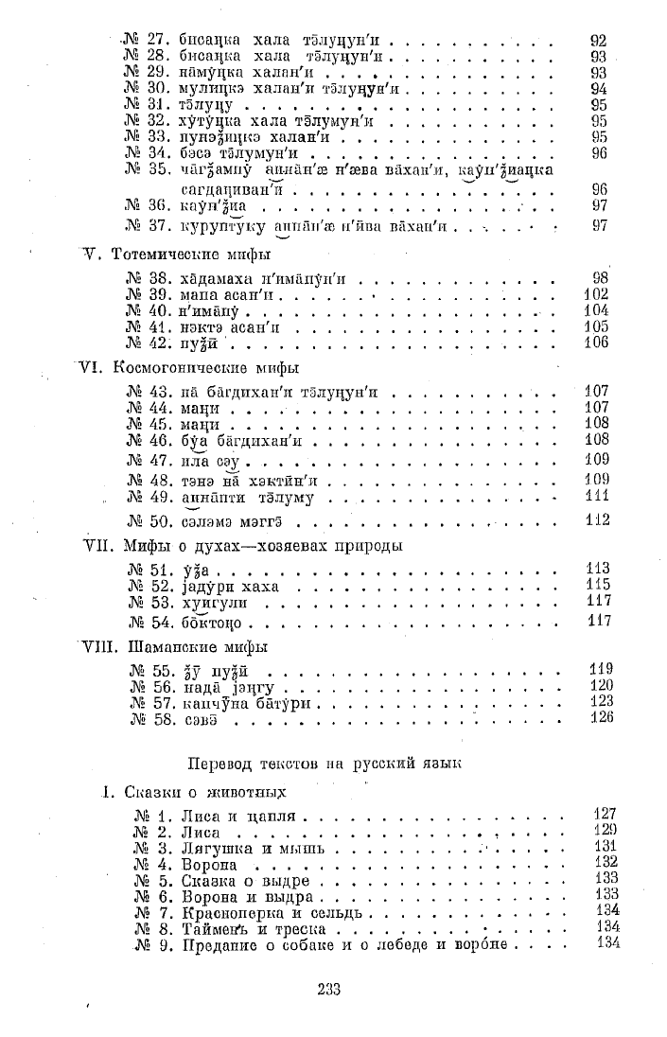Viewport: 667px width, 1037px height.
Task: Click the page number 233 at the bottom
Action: (329, 990)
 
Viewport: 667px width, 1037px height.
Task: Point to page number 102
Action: (596, 293)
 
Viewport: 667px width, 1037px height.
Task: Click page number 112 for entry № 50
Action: (596, 519)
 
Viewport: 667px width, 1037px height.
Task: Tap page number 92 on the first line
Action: (597, 41)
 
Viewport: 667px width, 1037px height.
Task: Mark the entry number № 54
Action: (146, 623)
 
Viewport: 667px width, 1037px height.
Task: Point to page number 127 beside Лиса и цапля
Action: (605, 814)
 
